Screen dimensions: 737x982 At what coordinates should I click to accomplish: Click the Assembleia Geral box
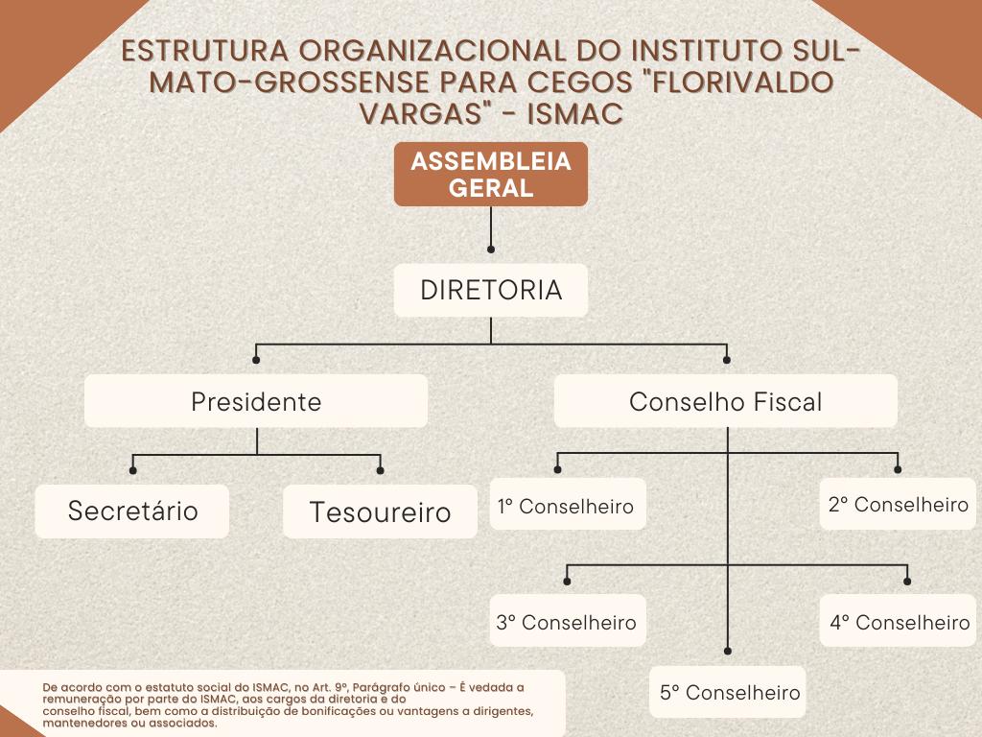point(490,175)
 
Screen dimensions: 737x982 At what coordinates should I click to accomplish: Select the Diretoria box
point(490,290)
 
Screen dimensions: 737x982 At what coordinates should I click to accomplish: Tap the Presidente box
point(256,401)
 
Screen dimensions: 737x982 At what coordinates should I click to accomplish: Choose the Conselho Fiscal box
point(725,401)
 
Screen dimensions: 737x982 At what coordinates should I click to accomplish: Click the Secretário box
point(132,511)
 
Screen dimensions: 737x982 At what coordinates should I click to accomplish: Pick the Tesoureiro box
point(380,511)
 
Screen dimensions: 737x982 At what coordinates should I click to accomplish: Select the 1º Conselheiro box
point(566,505)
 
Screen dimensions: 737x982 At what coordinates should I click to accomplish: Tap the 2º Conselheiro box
point(899,504)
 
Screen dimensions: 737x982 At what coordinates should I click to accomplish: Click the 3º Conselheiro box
point(566,622)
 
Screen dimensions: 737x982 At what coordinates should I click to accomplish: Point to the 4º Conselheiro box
point(900,622)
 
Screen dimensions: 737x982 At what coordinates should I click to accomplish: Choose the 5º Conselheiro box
point(729,692)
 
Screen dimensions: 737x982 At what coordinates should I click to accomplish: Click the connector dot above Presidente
point(256,360)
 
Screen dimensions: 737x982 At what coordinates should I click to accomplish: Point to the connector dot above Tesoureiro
point(381,470)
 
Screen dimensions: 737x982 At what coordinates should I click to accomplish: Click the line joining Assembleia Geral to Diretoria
point(490,234)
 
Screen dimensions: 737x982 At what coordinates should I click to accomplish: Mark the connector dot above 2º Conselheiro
point(899,469)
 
